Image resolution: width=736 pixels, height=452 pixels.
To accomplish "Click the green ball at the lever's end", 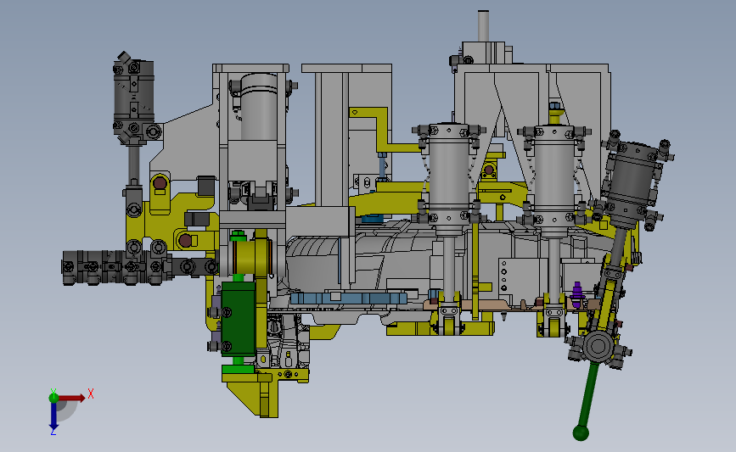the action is pyautogui.click(x=581, y=432).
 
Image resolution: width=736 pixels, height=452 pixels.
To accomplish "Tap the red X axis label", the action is pyautogui.click(x=91, y=393).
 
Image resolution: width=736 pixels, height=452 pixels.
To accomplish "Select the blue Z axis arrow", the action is pyautogui.click(x=53, y=416).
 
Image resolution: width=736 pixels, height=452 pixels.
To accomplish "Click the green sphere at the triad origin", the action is pyautogui.click(x=53, y=398).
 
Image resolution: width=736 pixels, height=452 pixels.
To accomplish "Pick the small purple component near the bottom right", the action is pyautogui.click(x=577, y=294).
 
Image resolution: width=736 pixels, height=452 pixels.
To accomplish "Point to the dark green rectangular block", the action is pyautogui.click(x=239, y=318).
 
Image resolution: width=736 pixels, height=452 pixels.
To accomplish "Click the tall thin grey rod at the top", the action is pyautogui.click(x=484, y=25).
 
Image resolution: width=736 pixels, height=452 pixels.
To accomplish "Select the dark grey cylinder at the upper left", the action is pyautogui.click(x=134, y=97).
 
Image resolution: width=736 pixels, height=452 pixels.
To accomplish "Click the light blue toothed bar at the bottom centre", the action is pyautogui.click(x=348, y=299).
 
